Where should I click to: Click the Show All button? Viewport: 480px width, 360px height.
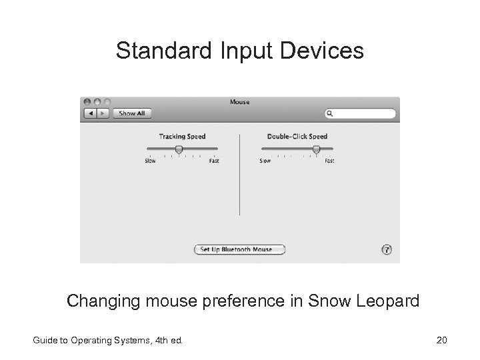pos(131,113)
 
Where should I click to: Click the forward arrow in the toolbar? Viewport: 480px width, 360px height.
pos(102,113)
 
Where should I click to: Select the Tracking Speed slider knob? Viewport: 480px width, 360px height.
pos(179,149)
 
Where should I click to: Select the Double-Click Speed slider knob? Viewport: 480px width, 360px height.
pos(316,149)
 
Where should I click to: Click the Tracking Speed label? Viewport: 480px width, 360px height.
pos(182,137)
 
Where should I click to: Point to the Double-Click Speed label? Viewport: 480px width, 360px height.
pos(297,137)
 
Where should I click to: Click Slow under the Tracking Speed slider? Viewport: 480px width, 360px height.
pos(150,161)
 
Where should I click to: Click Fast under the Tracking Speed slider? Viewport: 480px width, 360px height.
pos(213,161)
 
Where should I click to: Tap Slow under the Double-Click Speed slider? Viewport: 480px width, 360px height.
pos(265,161)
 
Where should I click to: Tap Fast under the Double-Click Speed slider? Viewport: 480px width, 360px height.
pos(329,161)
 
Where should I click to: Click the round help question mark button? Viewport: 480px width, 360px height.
pos(387,249)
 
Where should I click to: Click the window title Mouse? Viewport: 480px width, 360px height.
pos(239,102)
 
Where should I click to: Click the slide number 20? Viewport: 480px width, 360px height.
pos(441,341)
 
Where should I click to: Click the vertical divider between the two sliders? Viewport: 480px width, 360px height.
pos(240,173)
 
